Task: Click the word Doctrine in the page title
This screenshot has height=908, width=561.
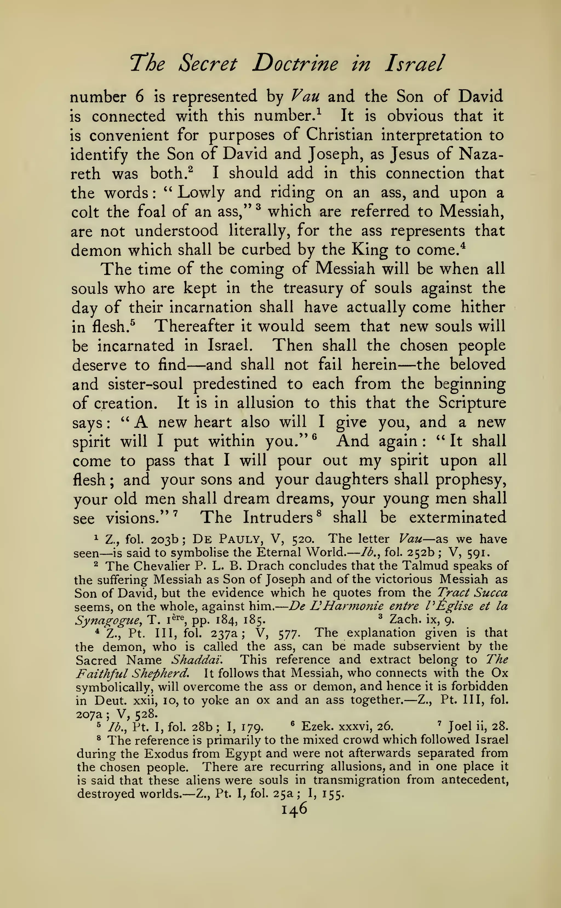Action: [295, 64]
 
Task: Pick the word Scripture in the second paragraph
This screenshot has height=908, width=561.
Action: [472, 403]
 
